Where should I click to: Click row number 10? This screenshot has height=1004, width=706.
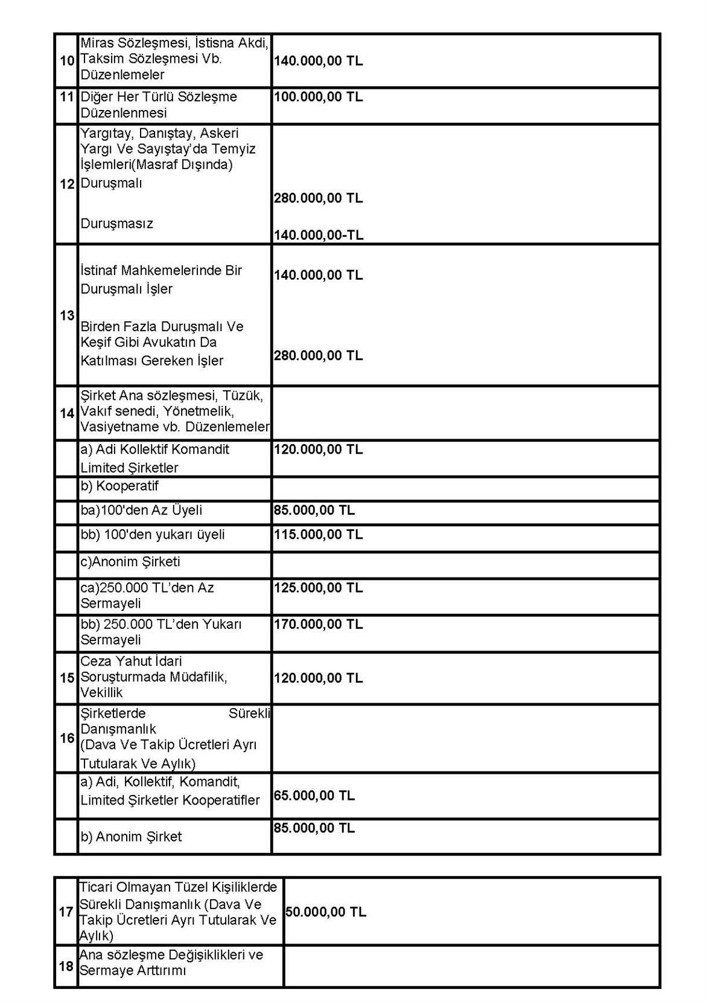(66, 61)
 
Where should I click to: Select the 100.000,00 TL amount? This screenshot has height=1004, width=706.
(318, 97)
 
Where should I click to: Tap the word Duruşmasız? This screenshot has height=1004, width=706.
(117, 224)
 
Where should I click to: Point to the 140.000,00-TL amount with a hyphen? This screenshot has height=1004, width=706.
(319, 235)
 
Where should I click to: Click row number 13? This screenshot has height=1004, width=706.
(66, 315)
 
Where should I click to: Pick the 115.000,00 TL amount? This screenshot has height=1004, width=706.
(318, 535)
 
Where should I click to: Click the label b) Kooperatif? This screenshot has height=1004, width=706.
(119, 486)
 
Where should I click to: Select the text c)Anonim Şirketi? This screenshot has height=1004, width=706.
(130, 562)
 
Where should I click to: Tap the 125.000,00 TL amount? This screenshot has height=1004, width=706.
(318, 588)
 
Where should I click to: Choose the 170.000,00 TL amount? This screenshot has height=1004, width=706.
(318, 624)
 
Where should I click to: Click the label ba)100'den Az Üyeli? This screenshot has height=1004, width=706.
(141, 510)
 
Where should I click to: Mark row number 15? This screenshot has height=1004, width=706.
(66, 678)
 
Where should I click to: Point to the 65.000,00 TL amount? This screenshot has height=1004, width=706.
(314, 796)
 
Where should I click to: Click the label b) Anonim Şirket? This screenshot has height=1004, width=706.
(131, 837)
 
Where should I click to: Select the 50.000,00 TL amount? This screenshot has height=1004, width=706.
(325, 912)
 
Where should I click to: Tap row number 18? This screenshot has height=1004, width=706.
(66, 967)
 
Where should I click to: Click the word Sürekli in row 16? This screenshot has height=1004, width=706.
(249, 713)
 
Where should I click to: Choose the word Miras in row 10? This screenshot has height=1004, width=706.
(97, 43)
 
